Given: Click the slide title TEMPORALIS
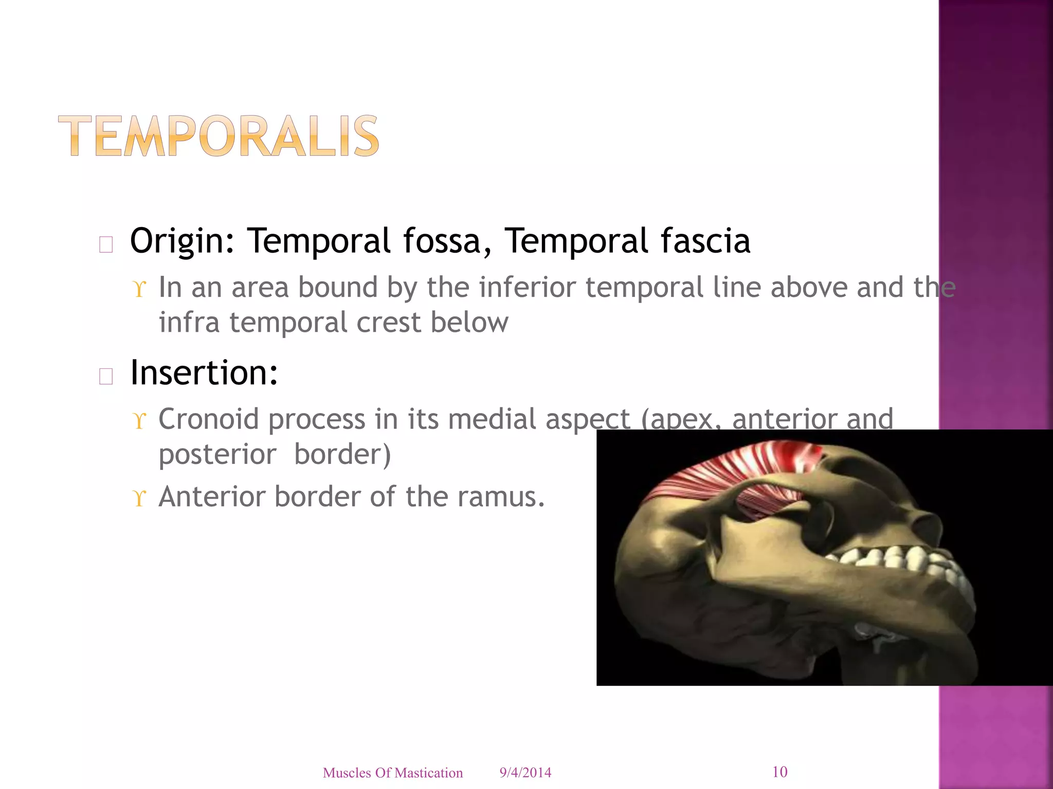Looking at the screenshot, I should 219,136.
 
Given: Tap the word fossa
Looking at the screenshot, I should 446,241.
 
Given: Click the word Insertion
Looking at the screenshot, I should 204,373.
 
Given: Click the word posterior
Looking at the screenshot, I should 217,455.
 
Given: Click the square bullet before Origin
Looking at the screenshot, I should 106,245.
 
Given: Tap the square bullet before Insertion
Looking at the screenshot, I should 106,377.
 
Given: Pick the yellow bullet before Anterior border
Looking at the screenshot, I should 139,498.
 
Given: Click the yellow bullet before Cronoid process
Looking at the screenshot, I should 139,421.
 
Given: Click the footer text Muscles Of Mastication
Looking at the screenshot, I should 393,773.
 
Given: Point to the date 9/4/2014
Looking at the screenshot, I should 525,773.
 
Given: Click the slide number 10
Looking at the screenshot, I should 779,772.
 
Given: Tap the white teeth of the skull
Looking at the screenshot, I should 905,560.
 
